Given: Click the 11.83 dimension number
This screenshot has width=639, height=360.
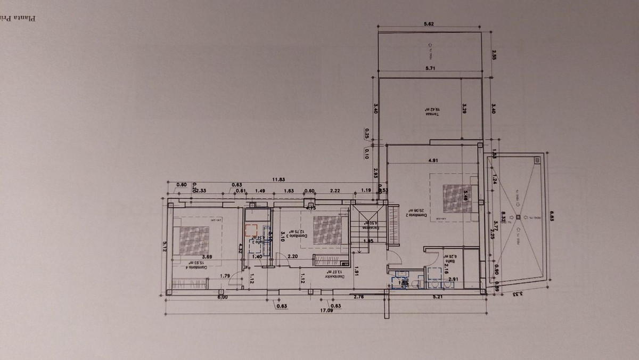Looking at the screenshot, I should coord(278,180).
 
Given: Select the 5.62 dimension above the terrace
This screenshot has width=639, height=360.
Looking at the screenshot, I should coord(429,23).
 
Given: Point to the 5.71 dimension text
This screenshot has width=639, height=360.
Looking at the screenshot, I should coord(430,68).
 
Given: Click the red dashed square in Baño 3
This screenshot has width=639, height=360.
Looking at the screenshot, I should coord(251,230).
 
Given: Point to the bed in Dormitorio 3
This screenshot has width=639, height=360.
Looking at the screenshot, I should coord(323,230).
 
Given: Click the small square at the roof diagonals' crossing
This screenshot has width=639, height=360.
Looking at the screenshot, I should coord(516,217).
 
